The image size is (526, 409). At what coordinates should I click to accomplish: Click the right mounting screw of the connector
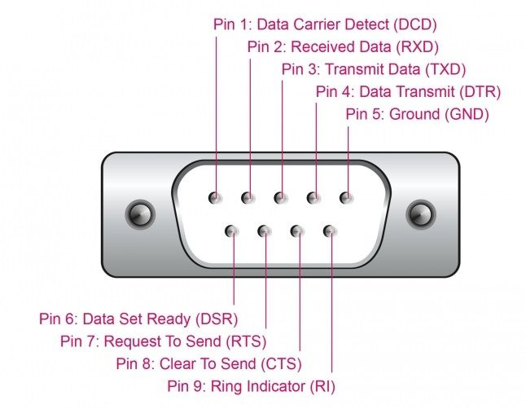[420, 215]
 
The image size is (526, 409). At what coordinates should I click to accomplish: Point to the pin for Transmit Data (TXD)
[281, 197]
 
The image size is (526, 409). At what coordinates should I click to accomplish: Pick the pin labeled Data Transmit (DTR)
[313, 197]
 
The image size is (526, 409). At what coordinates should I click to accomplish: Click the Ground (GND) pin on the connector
[346, 197]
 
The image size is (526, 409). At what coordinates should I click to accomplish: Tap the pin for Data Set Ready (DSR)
[232, 231]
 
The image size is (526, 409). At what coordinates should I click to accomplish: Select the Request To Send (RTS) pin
[265, 231]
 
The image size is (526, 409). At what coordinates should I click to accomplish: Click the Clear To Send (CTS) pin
[297, 231]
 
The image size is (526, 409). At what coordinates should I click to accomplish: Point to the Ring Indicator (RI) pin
[330, 231]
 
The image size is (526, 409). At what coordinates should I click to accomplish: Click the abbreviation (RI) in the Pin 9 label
[322, 385]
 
